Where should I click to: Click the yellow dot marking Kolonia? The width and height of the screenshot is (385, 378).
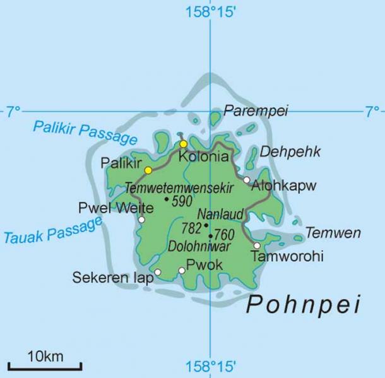[x=183, y=144]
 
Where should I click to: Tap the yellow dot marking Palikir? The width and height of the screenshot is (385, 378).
[x=148, y=170]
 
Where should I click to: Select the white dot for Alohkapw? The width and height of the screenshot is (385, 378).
[x=247, y=180]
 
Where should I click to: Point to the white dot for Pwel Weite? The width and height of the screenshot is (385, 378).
[x=141, y=220]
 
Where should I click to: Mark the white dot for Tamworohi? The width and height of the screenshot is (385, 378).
[x=257, y=245]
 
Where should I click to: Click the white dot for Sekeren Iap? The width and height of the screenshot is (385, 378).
[x=158, y=272]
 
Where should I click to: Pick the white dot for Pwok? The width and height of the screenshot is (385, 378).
[x=182, y=271]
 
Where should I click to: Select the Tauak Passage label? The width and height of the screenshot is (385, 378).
[x=53, y=232]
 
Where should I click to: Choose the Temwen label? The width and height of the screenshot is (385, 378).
[x=333, y=233]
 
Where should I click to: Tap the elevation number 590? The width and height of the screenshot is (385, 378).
[x=182, y=201]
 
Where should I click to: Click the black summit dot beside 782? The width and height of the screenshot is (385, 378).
[x=206, y=225]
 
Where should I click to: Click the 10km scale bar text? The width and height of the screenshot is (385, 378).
[x=44, y=357]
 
